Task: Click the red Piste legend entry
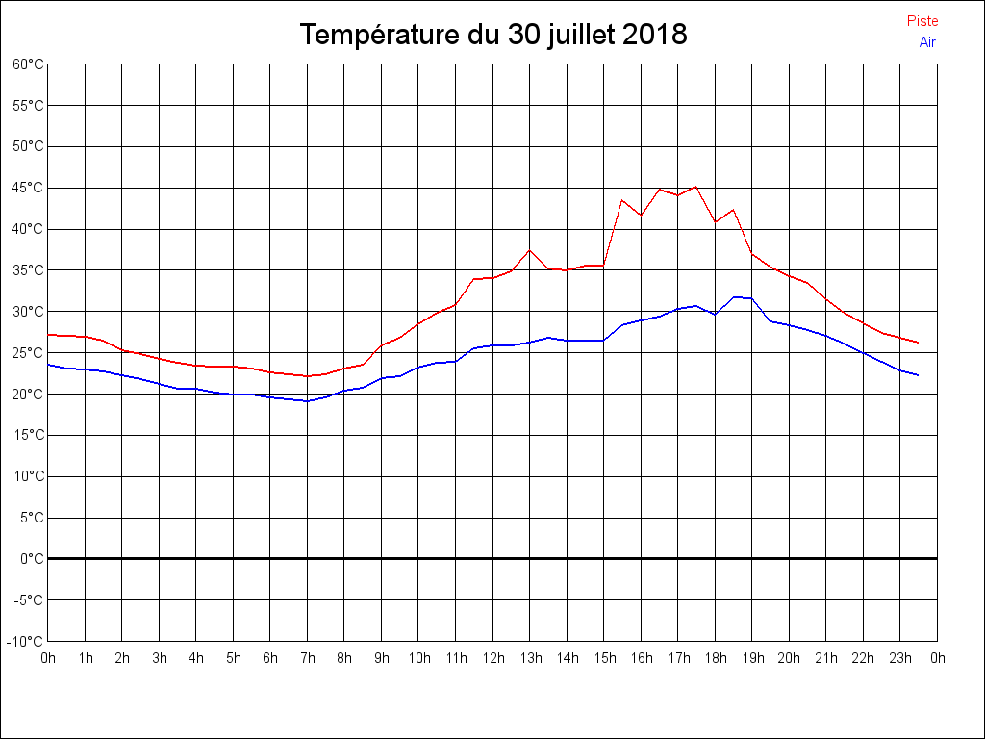click(x=922, y=21)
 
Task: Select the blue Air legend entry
click(x=927, y=41)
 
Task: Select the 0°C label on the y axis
click(x=33, y=558)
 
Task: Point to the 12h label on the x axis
click(x=492, y=658)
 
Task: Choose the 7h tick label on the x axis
click(x=308, y=658)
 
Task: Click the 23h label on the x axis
click(x=900, y=658)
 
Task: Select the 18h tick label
click(x=716, y=658)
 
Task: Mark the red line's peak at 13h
click(x=530, y=250)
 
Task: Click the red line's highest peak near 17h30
click(x=695, y=186)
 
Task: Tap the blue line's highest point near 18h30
click(x=734, y=297)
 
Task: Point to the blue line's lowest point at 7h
click(x=308, y=401)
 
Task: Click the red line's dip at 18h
click(x=715, y=222)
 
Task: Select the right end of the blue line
click(x=919, y=375)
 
